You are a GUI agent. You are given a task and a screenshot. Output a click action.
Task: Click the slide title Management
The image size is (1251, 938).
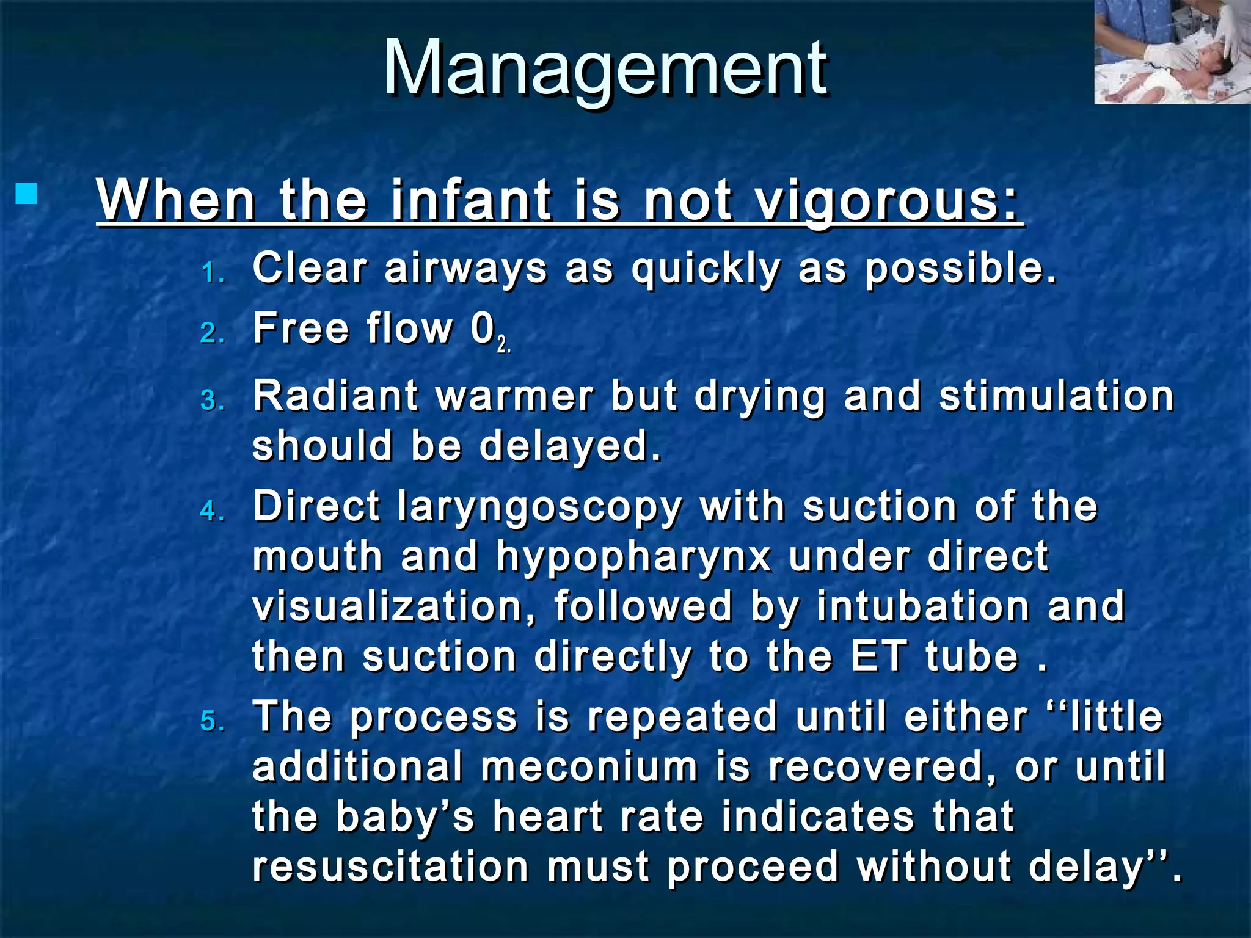tap(605, 68)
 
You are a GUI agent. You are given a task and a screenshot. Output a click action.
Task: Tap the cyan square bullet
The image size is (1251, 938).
tap(26, 194)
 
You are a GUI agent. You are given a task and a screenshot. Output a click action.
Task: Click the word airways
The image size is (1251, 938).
tap(465, 269)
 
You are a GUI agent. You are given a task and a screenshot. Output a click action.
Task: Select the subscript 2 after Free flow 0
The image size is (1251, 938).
tap(502, 346)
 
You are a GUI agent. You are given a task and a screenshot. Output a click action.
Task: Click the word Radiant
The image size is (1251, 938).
tap(335, 396)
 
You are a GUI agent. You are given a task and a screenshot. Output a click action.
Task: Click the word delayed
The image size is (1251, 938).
tap(571, 445)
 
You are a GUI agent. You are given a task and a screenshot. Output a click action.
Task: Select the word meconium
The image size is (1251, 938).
tap(589, 767)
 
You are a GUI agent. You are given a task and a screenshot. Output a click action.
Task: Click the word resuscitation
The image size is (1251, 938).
tap(391, 867)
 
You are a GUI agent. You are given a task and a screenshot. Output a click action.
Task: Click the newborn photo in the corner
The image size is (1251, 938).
tap(1172, 52)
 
